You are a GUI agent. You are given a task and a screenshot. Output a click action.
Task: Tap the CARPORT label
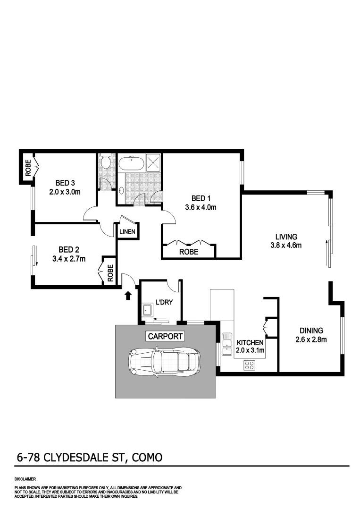tap(164, 336)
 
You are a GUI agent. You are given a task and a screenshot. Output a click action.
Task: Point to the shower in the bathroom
tap(154, 163)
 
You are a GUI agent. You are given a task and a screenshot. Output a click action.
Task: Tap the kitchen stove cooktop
tap(249, 365)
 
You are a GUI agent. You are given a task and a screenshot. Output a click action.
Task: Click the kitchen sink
tap(225, 340)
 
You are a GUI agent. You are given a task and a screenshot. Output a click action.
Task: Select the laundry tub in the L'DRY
tap(147, 310)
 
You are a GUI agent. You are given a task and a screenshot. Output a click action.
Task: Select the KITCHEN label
tap(250, 342)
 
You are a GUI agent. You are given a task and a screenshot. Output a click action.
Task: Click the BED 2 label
tap(66, 249)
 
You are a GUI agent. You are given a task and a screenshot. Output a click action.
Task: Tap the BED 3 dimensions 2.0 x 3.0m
tap(65, 192)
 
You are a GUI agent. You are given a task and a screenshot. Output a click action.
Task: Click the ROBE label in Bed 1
tap(189, 252)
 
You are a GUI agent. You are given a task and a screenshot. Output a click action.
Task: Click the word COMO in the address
tap(147, 457)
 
